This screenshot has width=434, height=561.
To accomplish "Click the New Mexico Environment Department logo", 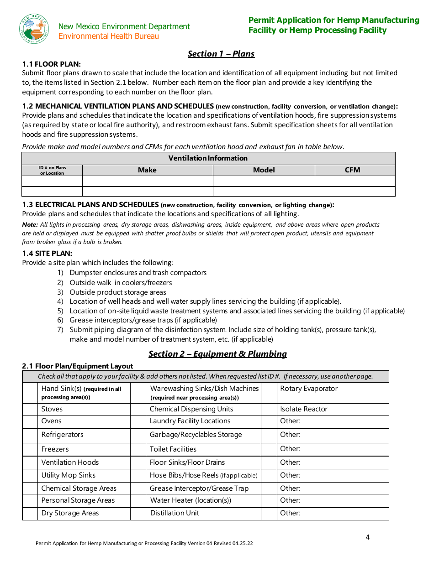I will [34, 29].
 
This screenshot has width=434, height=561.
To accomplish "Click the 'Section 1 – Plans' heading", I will [221, 54].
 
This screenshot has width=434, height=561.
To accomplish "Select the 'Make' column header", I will [147, 170].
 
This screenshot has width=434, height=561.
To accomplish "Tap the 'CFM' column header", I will [352, 170].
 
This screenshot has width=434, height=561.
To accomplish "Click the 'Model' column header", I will [264, 170].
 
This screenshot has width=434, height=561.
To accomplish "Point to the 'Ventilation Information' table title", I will [208, 158].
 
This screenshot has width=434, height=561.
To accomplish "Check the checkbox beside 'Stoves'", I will [30, 409].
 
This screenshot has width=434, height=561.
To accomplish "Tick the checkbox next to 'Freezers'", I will [30, 449].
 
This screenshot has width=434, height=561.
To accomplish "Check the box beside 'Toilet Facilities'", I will [138, 449].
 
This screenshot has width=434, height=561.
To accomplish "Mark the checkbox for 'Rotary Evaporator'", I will [269, 393].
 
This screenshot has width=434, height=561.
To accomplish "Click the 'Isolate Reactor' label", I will [304, 409].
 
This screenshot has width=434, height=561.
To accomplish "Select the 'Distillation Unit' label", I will [175, 513].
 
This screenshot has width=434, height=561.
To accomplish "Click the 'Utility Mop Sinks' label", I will [69, 475].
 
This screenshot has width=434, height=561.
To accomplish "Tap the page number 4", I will [368, 537].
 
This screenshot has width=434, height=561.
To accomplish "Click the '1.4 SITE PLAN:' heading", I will [47, 253].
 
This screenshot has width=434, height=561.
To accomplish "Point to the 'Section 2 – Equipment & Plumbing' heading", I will [217, 354].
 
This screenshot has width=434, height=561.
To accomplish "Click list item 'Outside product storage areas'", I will [118, 292].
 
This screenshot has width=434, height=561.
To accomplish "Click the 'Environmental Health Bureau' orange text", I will [109, 36].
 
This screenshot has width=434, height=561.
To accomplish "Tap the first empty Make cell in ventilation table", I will [147, 181].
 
